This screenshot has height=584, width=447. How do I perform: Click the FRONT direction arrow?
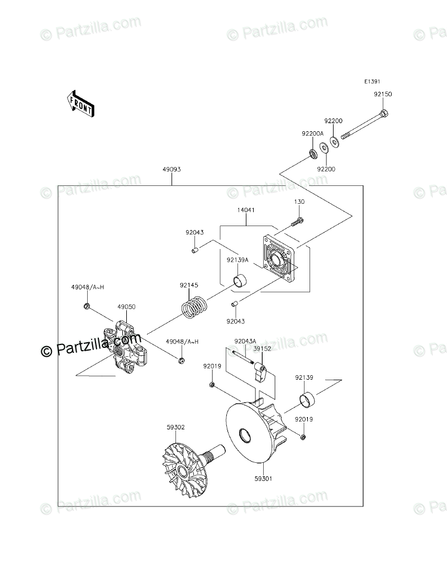point(80,103)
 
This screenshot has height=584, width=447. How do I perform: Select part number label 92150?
point(383,94)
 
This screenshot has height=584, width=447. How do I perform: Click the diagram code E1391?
point(373,82)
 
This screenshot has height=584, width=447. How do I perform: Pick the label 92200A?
point(312,133)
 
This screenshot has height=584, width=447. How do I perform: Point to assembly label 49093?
point(172,169)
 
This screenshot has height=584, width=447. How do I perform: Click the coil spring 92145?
point(195,308)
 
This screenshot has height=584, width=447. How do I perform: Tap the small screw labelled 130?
point(297,222)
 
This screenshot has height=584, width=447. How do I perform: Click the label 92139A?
point(237,260)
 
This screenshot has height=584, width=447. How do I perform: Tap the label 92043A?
point(245,341)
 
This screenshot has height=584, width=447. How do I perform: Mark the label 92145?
point(189,285)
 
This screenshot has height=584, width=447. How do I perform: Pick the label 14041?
point(246,211)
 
